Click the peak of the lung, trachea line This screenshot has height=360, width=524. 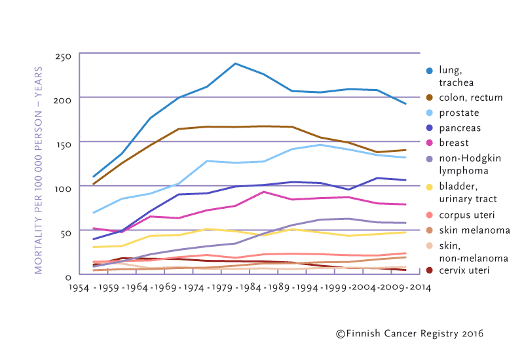point(235,63)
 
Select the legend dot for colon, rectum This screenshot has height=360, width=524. point(430,98)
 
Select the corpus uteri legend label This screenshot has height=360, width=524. point(467,214)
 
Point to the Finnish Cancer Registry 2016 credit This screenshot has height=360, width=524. point(409,334)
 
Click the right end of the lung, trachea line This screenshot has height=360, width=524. point(406,104)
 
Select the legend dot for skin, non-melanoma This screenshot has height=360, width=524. point(430,244)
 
